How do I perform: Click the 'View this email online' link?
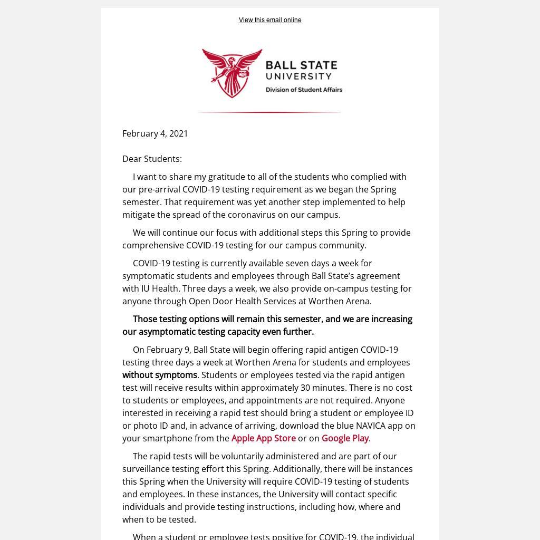[x=269, y=20]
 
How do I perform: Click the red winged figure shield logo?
[x=233, y=73]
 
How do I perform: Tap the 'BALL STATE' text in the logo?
[x=301, y=66]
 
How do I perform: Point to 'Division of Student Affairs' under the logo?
[x=304, y=90]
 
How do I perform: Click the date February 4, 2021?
[x=155, y=133]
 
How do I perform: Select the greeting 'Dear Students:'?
[x=152, y=159]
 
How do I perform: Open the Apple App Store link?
[x=263, y=438]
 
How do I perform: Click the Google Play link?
[x=345, y=438]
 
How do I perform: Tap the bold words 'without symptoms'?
[x=160, y=375]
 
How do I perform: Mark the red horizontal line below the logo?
[x=269, y=112]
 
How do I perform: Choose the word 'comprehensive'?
[x=153, y=245]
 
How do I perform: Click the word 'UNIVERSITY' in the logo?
[x=298, y=76]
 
